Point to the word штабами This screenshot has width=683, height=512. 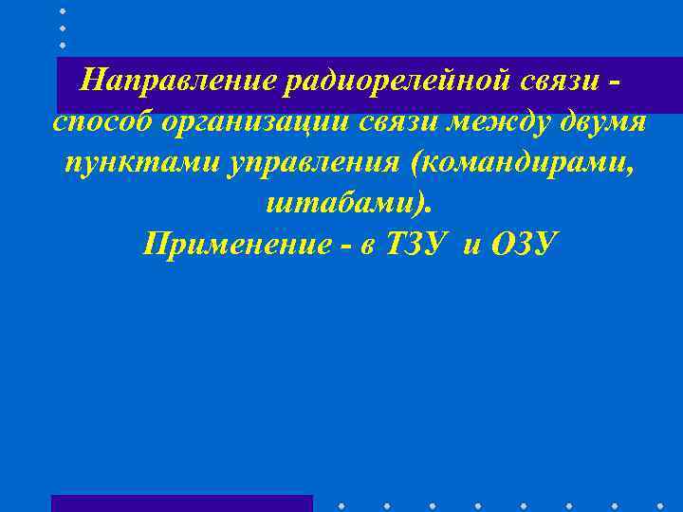[341, 204]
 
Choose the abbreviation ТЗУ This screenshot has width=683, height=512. [417, 245]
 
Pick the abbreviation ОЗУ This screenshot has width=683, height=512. [525, 245]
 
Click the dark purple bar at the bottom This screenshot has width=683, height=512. [181, 503]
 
